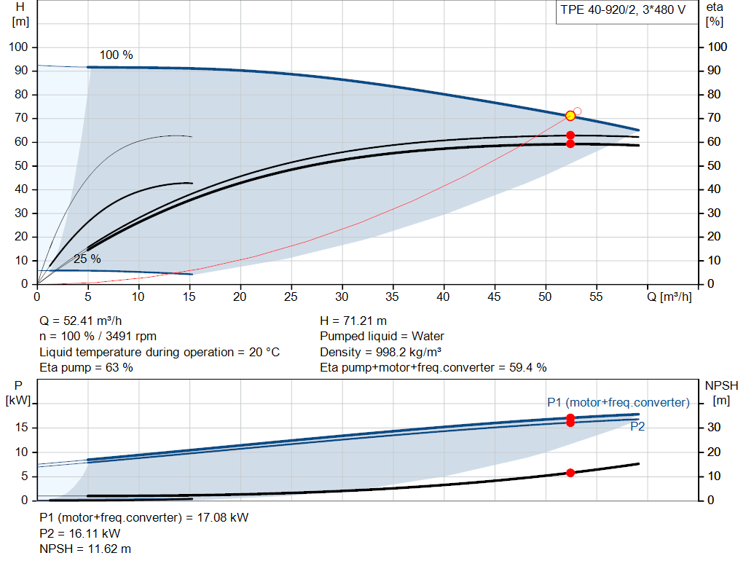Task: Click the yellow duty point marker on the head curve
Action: (x=570, y=116)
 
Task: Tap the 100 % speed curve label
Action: (x=116, y=55)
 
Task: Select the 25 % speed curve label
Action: (x=87, y=259)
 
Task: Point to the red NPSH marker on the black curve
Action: (x=570, y=472)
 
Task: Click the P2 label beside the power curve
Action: (x=637, y=426)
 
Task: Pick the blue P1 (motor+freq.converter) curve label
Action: (x=618, y=402)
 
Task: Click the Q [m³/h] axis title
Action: (x=669, y=297)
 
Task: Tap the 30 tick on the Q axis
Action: (x=342, y=297)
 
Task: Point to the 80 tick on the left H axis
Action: (x=21, y=94)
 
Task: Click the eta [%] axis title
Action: (x=714, y=15)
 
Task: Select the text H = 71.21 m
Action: (x=353, y=321)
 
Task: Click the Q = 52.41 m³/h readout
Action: (x=80, y=321)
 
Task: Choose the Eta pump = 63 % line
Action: (x=86, y=367)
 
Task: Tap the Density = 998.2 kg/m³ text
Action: (x=380, y=352)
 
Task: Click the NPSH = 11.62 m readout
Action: (x=85, y=549)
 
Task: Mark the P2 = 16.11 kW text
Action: (x=80, y=533)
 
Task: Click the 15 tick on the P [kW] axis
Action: (x=21, y=427)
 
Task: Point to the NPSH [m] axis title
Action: (x=721, y=393)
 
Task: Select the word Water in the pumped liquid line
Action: (x=428, y=337)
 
